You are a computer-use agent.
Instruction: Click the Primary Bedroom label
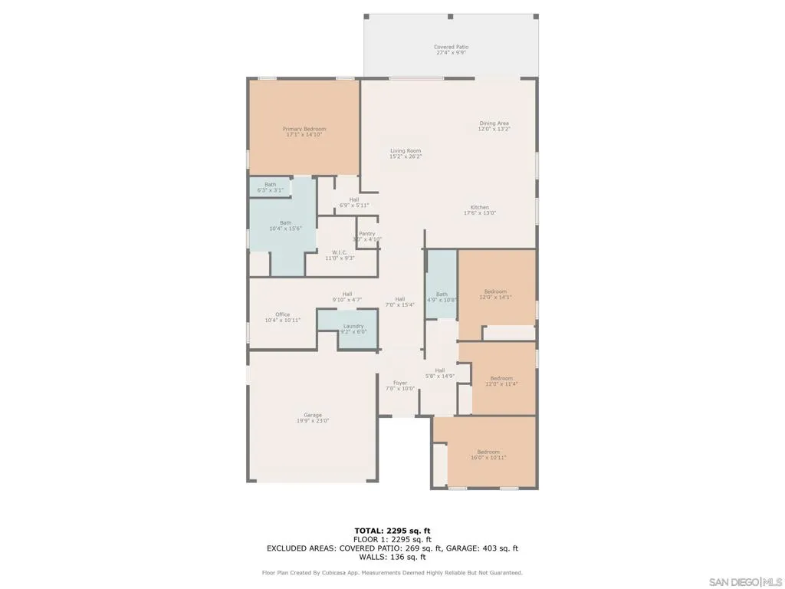pos(304,129)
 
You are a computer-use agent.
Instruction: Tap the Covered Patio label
pos(451,48)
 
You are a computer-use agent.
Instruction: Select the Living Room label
pos(406,151)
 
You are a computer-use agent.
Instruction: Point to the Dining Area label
pos(494,123)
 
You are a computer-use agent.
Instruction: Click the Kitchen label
pos(480,208)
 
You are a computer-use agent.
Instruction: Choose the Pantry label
pos(366,234)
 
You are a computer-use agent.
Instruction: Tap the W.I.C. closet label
pos(340,252)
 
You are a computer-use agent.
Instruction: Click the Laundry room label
pos(353,326)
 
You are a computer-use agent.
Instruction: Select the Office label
pos(282,314)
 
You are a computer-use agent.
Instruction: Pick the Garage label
pos(312,415)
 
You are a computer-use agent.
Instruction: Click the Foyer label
pos(400,383)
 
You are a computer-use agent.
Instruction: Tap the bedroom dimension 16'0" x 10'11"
pos(488,458)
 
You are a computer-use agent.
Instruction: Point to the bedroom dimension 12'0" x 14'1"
pos(495,298)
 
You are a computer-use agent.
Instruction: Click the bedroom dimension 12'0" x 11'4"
pos(501,384)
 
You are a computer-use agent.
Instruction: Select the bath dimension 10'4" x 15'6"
pos(285,229)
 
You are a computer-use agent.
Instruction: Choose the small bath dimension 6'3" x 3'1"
pos(270,190)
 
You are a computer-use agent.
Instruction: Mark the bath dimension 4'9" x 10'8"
pos(442,300)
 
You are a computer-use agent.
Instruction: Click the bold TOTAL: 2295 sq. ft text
pos(392,531)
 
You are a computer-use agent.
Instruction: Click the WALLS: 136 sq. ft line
pos(392,558)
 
